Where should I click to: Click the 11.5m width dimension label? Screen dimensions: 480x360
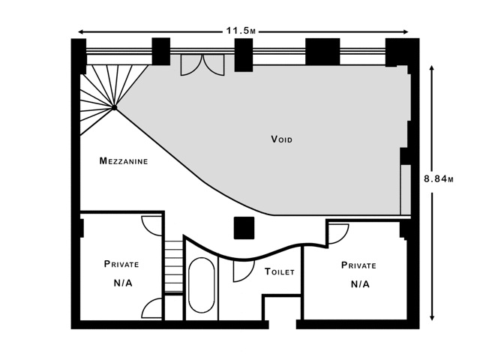(241, 31)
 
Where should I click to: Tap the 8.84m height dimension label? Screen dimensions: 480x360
(438, 178)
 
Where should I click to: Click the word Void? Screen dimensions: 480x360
(282, 139)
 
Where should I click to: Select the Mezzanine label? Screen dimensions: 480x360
(124, 160)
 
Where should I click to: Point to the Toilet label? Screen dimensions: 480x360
(280, 271)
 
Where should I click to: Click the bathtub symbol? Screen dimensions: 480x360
(202, 285)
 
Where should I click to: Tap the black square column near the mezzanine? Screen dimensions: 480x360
(244, 228)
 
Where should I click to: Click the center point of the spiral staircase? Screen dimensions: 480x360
(114, 107)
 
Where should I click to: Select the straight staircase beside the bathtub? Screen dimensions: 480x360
(173, 266)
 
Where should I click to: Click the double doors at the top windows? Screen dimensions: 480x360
(202, 65)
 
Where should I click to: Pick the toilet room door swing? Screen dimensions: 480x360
(244, 271)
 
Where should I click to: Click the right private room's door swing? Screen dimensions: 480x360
(338, 234)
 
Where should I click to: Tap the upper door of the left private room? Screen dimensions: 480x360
(151, 226)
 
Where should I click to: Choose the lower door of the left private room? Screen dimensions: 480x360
(151, 308)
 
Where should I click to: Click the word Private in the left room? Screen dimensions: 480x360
(121, 264)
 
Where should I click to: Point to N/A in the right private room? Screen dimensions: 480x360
(360, 284)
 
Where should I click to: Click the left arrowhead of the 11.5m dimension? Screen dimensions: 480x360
(82, 31)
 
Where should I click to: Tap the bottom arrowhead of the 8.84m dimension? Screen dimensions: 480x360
(432, 317)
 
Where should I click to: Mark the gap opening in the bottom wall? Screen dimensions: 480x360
(283, 325)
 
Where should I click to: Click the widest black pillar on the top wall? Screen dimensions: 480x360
(322, 52)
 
